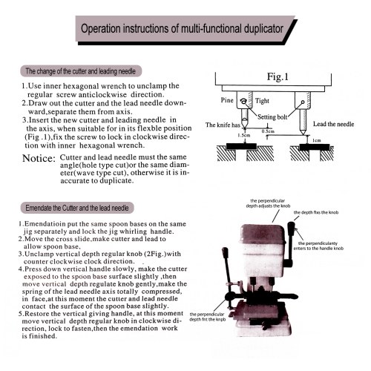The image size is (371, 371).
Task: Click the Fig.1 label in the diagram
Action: point(278,76)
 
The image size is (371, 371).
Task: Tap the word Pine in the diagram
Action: point(227,100)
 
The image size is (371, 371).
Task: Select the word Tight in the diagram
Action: point(262,101)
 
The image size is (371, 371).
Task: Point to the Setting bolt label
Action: point(272,116)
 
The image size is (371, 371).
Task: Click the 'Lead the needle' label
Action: point(333,124)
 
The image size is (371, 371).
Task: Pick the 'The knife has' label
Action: point(223,125)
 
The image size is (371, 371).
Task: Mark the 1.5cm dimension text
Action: point(244,135)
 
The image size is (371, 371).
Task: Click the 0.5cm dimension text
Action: point(268,131)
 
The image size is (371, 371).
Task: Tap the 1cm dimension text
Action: point(317,140)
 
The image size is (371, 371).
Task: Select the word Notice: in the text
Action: point(39,158)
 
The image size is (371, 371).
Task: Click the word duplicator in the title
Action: point(263,29)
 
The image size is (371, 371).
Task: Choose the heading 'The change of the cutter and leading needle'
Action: point(81,71)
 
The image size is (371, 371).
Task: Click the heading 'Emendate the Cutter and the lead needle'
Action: point(77,208)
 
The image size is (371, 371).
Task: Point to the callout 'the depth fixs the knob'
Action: point(316,212)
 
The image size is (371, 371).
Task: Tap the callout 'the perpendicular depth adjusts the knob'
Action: point(268,203)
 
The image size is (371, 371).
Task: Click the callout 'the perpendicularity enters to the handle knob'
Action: point(318,246)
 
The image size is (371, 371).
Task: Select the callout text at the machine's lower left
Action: point(208,317)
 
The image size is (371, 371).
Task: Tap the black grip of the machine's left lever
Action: point(225,253)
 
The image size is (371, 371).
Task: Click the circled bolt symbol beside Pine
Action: point(244,101)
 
